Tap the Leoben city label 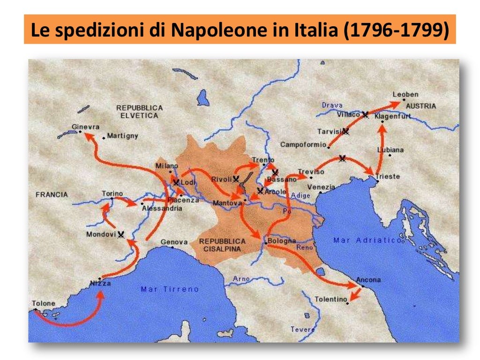(x=405, y=94)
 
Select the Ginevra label (x=85, y=127)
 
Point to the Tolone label (x=44, y=303)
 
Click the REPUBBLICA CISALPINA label (x=222, y=245)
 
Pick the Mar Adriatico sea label (x=367, y=240)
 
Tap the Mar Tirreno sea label (x=170, y=289)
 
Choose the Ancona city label (x=368, y=280)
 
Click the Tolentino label (x=331, y=299)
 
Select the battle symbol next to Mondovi (x=121, y=234)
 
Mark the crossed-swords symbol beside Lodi (x=176, y=182)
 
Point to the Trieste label (x=388, y=176)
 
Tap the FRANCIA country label (x=52, y=194)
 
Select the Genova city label (x=174, y=242)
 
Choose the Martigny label (x=123, y=136)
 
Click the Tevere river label (x=302, y=330)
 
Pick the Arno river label (x=241, y=279)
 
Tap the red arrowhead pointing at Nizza (x=101, y=295)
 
